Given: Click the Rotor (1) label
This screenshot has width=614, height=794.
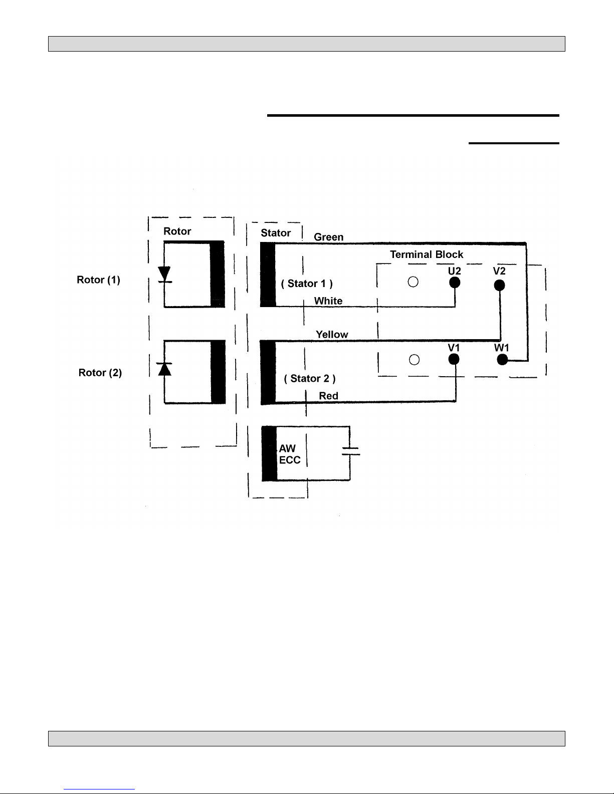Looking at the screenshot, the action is point(98,280).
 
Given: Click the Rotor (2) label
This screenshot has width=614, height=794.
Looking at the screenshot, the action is point(100,373).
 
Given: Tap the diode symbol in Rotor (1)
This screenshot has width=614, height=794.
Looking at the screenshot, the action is point(164,275).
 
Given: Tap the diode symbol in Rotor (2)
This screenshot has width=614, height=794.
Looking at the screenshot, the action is point(164,369).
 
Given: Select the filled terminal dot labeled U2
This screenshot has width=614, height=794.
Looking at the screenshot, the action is point(455,283).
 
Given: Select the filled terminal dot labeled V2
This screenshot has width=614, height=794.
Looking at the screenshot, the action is point(499,285).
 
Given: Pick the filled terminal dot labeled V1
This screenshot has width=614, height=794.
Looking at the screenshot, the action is point(454,360).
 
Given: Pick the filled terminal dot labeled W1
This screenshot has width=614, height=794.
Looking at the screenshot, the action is point(502,360).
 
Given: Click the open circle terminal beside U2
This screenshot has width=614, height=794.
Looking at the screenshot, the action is point(413,282).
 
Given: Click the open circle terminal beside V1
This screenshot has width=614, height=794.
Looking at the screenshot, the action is point(414,360).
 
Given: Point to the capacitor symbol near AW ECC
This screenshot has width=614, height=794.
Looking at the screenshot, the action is point(350,451).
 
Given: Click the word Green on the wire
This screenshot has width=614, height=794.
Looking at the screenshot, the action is point(329,237).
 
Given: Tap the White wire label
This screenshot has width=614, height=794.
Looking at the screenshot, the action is point(328,301).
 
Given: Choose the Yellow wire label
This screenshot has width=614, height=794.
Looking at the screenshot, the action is point(332,335).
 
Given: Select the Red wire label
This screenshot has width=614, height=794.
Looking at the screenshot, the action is point(329,396).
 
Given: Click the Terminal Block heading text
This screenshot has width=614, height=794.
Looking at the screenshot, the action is point(427,254).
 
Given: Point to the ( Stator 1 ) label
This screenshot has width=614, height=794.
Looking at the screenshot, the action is point(307,284).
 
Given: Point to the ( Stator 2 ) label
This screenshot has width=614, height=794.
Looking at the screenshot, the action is point(310,379).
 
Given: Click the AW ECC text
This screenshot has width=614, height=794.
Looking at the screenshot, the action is point(290,454).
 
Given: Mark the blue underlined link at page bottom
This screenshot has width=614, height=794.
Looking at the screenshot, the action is point(99,789).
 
